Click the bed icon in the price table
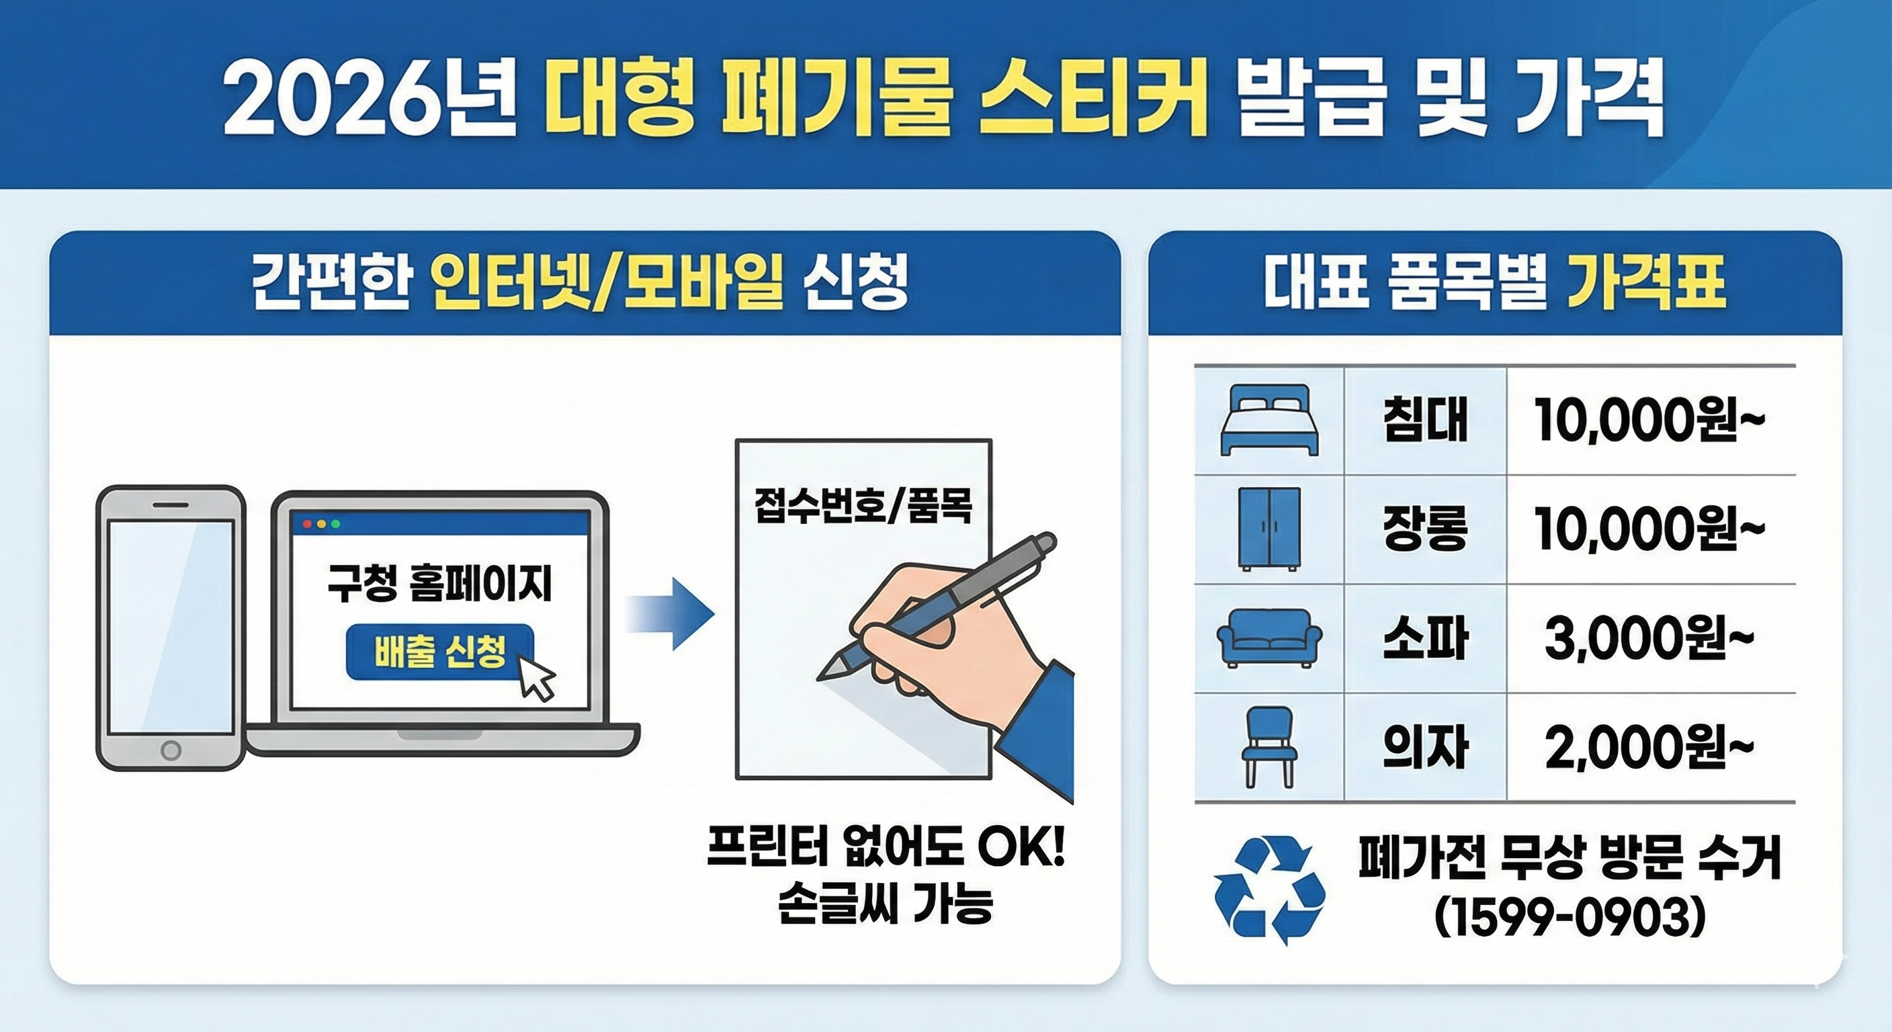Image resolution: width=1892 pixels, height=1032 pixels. click(1269, 420)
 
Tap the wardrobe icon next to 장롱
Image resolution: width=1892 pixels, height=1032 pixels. click(1269, 529)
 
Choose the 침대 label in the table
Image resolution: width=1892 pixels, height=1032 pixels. click(1425, 421)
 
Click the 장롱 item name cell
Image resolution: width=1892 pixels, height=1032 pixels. click(1425, 529)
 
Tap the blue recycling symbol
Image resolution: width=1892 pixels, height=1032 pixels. click(1269, 890)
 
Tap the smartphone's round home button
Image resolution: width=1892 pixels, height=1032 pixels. click(171, 750)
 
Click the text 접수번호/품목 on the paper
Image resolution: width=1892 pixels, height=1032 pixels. click(863, 507)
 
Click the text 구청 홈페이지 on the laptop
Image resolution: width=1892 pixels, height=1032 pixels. click(439, 587)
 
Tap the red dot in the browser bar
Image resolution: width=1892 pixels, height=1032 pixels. click(307, 523)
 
